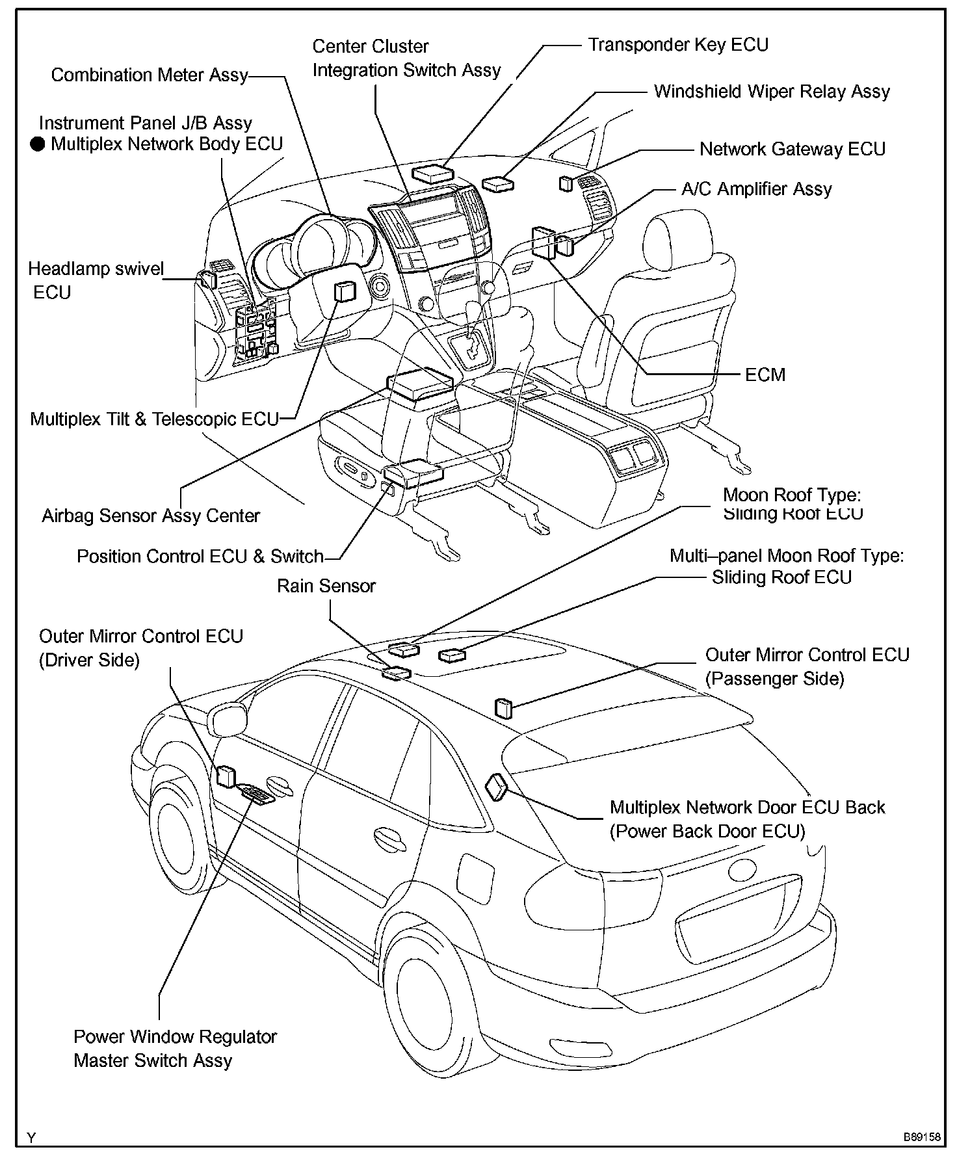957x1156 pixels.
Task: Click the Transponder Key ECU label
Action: pyautogui.click(x=678, y=45)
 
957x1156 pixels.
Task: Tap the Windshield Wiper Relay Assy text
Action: pyautogui.click(x=771, y=92)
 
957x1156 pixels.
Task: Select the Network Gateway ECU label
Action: pyautogui.click(x=792, y=150)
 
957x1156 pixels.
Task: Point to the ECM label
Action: pyautogui.click(x=765, y=375)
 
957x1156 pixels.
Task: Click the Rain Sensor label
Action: pyautogui.click(x=326, y=586)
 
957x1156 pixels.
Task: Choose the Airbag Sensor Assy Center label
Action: pyautogui.click(x=151, y=516)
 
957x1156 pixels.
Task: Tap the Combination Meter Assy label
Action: pyautogui.click(x=150, y=75)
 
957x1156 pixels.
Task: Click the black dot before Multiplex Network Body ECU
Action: pyautogui.click(x=38, y=144)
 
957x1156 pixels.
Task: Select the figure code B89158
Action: pyautogui.click(x=921, y=1137)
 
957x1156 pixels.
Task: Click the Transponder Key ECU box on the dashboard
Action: pyautogui.click(x=432, y=173)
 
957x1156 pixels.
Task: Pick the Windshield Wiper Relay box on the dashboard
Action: pyautogui.click(x=498, y=184)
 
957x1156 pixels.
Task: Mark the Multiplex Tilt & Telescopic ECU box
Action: pyautogui.click(x=344, y=292)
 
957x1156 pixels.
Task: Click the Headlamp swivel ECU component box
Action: pyautogui.click(x=209, y=280)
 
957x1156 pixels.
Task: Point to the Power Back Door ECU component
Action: pyautogui.click(x=497, y=787)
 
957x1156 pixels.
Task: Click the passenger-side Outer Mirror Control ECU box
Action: pyautogui.click(x=504, y=707)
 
